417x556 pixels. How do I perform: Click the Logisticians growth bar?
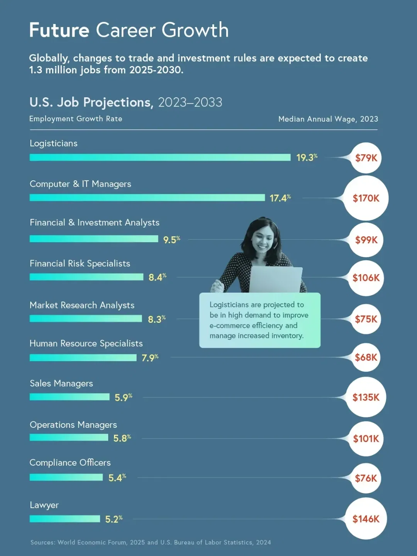pyautogui.click(x=160, y=158)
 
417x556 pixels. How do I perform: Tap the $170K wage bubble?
pyautogui.click(x=366, y=198)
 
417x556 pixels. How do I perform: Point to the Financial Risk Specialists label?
pyautogui.click(x=80, y=263)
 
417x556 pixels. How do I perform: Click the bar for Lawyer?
pyautogui.click(x=65, y=519)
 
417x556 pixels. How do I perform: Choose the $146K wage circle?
pyautogui.click(x=366, y=519)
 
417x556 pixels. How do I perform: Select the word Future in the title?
pyautogui.click(x=59, y=30)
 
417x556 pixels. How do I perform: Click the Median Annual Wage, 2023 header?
pyautogui.click(x=328, y=119)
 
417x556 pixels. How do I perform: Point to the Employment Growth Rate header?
pyautogui.click(x=76, y=119)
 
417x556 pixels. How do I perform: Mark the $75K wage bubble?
pyautogui.click(x=366, y=319)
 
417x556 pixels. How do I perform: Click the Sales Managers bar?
pyautogui.click(x=69, y=397)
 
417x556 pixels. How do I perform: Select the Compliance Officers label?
pyautogui.click(x=70, y=463)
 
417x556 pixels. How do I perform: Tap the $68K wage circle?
pyautogui.click(x=366, y=358)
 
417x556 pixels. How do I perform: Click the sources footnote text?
pyautogui.click(x=151, y=542)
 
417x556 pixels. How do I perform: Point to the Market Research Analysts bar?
pyautogui.click(x=86, y=319)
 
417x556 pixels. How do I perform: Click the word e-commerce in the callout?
pyautogui.click(x=229, y=325)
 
